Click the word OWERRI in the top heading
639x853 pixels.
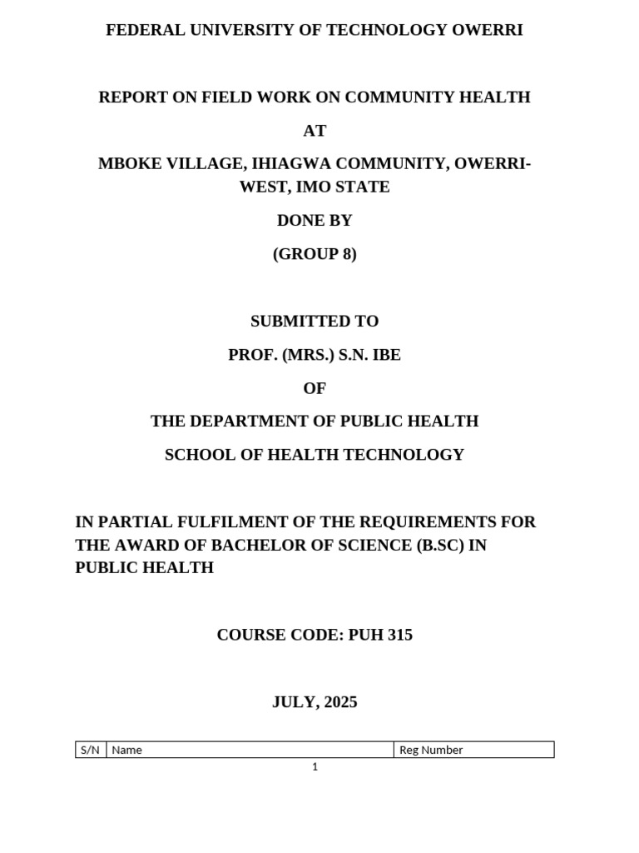(487, 31)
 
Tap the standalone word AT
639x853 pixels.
(315, 131)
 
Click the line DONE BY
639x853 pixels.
(315, 221)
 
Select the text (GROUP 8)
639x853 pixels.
(315, 254)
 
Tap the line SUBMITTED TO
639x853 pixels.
(315, 322)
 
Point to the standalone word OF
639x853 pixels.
(315, 388)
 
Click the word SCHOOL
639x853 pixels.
(197, 455)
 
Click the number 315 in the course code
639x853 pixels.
(397, 635)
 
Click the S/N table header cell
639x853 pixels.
(91, 750)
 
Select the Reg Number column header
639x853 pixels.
(431, 750)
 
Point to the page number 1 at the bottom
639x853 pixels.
(315, 767)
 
